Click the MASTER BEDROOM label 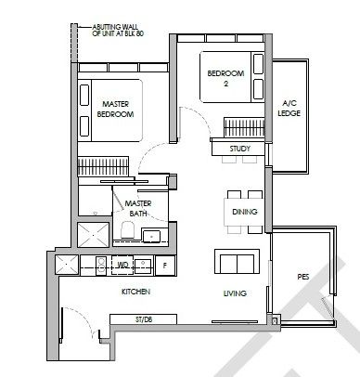point(115,109)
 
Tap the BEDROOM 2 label point(225,78)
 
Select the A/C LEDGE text point(289,108)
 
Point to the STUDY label point(239,149)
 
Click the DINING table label point(245,212)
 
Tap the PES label point(303,277)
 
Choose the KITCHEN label point(135,292)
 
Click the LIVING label point(235,293)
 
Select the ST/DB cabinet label point(144,319)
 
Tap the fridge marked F point(165,266)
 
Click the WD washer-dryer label point(122,266)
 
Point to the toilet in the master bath point(127,229)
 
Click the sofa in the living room point(238,261)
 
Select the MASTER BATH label point(138,208)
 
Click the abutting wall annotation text point(118,31)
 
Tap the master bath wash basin point(151,236)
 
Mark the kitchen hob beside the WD point(101,266)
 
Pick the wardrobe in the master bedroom point(103,166)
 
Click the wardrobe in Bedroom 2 point(244,127)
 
